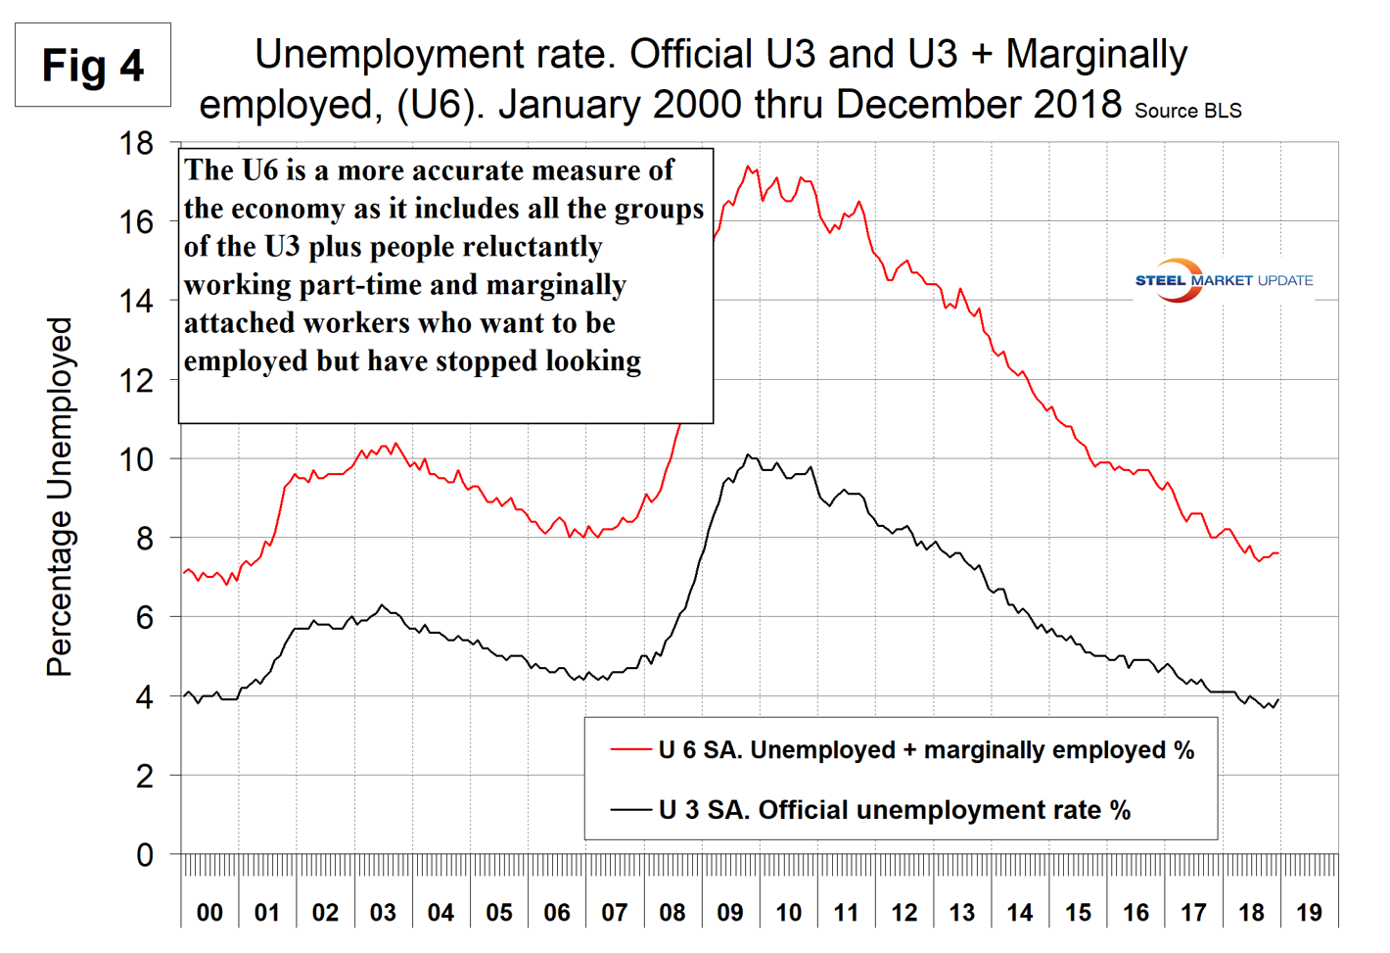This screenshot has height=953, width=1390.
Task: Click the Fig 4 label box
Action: coord(93,66)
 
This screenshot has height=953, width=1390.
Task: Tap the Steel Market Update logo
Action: coord(1224,280)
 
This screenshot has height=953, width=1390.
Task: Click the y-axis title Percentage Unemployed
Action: coord(60,498)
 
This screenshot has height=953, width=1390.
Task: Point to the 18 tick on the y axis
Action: coord(136,144)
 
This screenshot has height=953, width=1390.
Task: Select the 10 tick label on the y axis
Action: coord(136,459)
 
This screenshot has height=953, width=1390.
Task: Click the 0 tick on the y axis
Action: coord(144,855)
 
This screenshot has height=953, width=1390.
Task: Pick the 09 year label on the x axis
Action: coord(729,913)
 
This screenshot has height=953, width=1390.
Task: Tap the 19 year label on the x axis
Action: coord(1309,913)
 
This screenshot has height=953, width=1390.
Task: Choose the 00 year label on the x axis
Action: coord(209,913)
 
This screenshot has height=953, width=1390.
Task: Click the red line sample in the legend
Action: coord(630,750)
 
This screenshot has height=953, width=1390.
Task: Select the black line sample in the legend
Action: coord(630,810)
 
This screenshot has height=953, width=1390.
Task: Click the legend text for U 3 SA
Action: coord(895,810)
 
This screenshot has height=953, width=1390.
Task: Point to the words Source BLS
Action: coord(1187,111)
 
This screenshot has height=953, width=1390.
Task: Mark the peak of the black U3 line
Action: coord(748,454)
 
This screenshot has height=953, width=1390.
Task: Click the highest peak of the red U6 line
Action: coord(748,167)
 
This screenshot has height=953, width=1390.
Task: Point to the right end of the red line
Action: coord(1278,553)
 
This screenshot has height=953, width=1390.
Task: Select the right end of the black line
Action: coord(1278,699)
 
